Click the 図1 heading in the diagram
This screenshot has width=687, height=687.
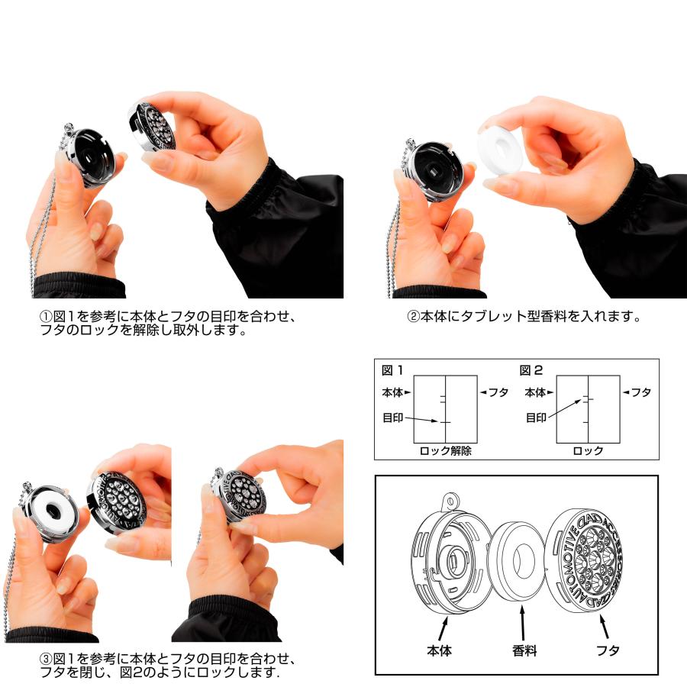coord(392,370)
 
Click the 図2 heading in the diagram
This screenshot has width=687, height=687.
coord(531,370)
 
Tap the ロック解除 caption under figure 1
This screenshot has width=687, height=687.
coord(445,451)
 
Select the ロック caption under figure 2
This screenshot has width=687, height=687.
coord(588,451)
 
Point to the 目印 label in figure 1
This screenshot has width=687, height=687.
coord(392,418)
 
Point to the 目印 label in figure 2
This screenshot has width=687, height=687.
coord(536,418)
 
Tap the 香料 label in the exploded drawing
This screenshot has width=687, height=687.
coord(524,650)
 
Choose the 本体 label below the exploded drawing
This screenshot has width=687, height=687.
coord(439,650)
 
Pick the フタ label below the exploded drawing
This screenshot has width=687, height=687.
coord(608,650)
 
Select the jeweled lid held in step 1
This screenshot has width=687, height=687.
coord(153,127)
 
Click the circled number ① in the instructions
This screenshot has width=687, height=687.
coord(46,316)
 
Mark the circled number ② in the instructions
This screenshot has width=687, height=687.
coord(413,316)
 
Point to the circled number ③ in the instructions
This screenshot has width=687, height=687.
coord(46,659)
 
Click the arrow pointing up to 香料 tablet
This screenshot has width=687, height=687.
coord(522,623)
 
